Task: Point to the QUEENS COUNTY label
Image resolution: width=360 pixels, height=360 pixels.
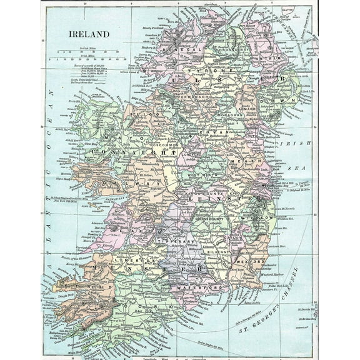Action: [214, 210]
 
